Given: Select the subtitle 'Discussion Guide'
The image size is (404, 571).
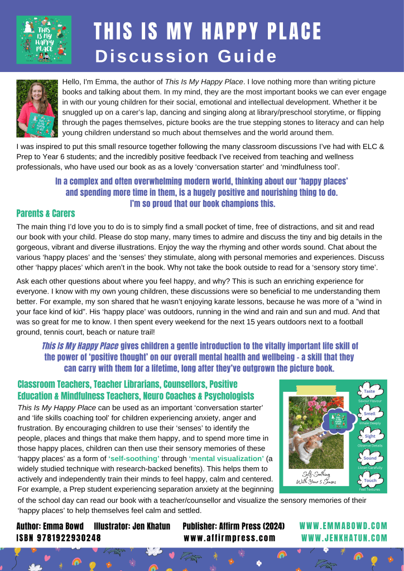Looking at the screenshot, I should tap(186, 56).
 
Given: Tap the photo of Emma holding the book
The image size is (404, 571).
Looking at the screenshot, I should tap(37, 108).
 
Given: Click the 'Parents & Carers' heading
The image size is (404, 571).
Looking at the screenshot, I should tap(46, 213).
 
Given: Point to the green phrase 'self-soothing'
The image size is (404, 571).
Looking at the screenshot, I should tap(134, 458).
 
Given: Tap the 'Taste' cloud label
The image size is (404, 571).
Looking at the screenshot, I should tap(369, 391).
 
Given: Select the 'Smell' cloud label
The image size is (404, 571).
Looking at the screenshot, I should tap(369, 414).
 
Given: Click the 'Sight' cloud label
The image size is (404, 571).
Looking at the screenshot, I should tap(369, 436).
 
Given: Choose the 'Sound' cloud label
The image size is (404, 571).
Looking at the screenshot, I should tap(369, 458).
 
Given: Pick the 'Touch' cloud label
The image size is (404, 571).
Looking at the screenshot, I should tap(369, 480).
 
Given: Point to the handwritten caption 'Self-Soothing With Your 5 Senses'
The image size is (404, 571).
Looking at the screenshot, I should tap(316, 478).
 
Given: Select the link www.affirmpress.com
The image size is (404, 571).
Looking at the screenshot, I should tap(229, 538).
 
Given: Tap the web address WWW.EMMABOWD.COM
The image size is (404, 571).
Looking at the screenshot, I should tap(343, 526).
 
